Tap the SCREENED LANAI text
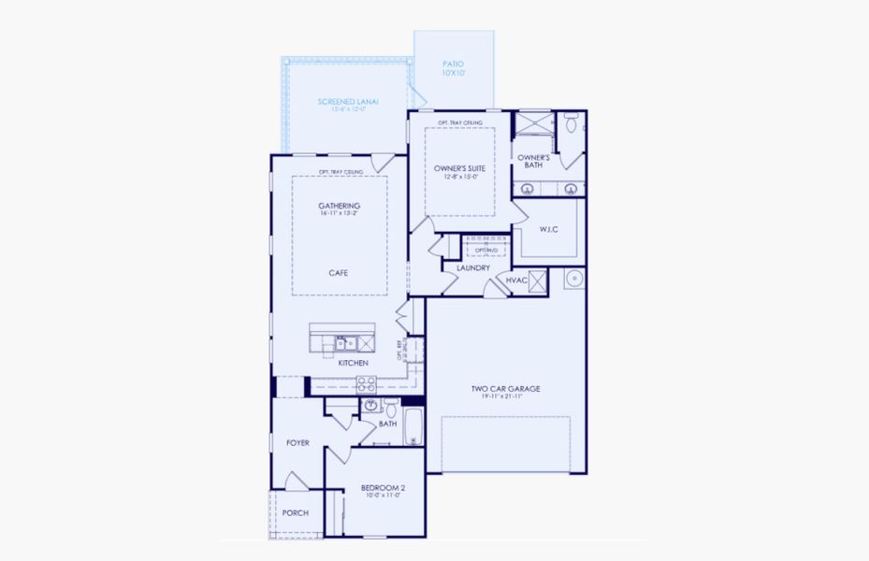[347, 104]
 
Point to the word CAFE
[339, 273]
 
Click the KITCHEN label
[353, 363]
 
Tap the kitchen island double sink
[344, 343]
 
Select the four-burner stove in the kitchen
[367, 382]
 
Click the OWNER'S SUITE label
[459, 170]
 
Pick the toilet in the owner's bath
[571, 122]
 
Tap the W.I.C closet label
[548, 229]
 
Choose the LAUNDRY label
[473, 268]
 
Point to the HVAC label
[516, 280]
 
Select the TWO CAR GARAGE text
[505, 388]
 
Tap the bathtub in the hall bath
[413, 426]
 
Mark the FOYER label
[297, 442]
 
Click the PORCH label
[296, 512]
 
